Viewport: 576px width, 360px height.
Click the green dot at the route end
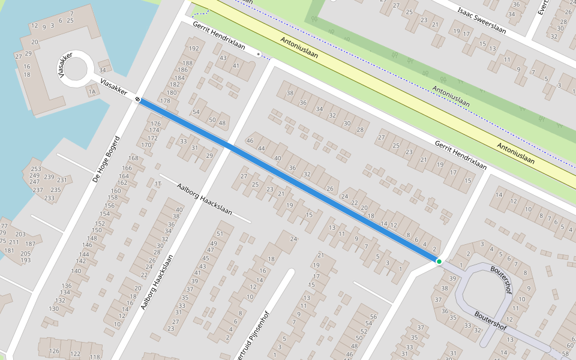click(x=439, y=262)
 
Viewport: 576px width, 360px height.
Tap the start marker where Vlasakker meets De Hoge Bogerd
click(x=138, y=99)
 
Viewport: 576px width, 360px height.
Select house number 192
click(x=193, y=49)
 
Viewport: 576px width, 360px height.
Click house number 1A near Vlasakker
click(x=92, y=92)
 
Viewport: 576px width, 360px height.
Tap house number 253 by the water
click(x=36, y=169)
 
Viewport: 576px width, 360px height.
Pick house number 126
click(x=55, y=352)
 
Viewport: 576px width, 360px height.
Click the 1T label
click(x=158, y=184)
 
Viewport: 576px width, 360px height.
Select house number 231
click(x=62, y=180)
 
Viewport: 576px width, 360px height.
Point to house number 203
click(x=20, y=234)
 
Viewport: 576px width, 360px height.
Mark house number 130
click(x=54, y=308)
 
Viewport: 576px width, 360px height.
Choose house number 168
click(x=133, y=158)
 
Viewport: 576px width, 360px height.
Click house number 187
click(x=30, y=244)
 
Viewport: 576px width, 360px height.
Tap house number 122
click(x=75, y=354)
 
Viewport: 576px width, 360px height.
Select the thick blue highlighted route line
click(x=288, y=180)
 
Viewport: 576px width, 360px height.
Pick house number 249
click(x=36, y=176)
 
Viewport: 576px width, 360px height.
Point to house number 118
click(x=95, y=357)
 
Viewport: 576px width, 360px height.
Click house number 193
click(x=26, y=260)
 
